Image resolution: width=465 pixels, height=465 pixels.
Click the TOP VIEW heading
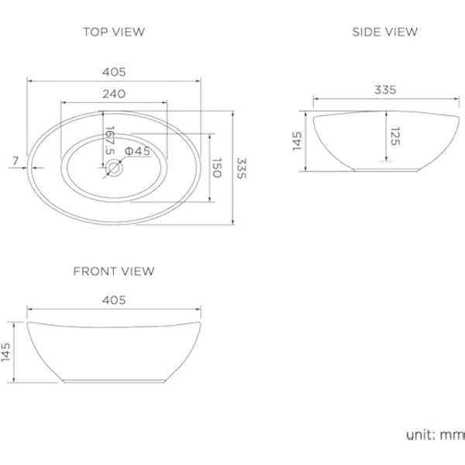point(114,32)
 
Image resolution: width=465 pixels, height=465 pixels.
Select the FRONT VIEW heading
point(114,271)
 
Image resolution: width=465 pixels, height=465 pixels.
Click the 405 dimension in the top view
point(114,72)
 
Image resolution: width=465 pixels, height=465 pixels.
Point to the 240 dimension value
point(114,94)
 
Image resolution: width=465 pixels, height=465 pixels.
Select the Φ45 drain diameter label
point(137,150)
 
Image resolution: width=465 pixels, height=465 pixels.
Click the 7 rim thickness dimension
point(15,160)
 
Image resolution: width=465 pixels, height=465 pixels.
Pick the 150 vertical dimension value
point(218,168)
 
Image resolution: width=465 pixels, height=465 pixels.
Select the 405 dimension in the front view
point(114,300)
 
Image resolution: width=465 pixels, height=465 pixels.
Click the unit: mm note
point(433,434)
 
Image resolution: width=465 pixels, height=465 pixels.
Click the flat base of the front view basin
point(115,381)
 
